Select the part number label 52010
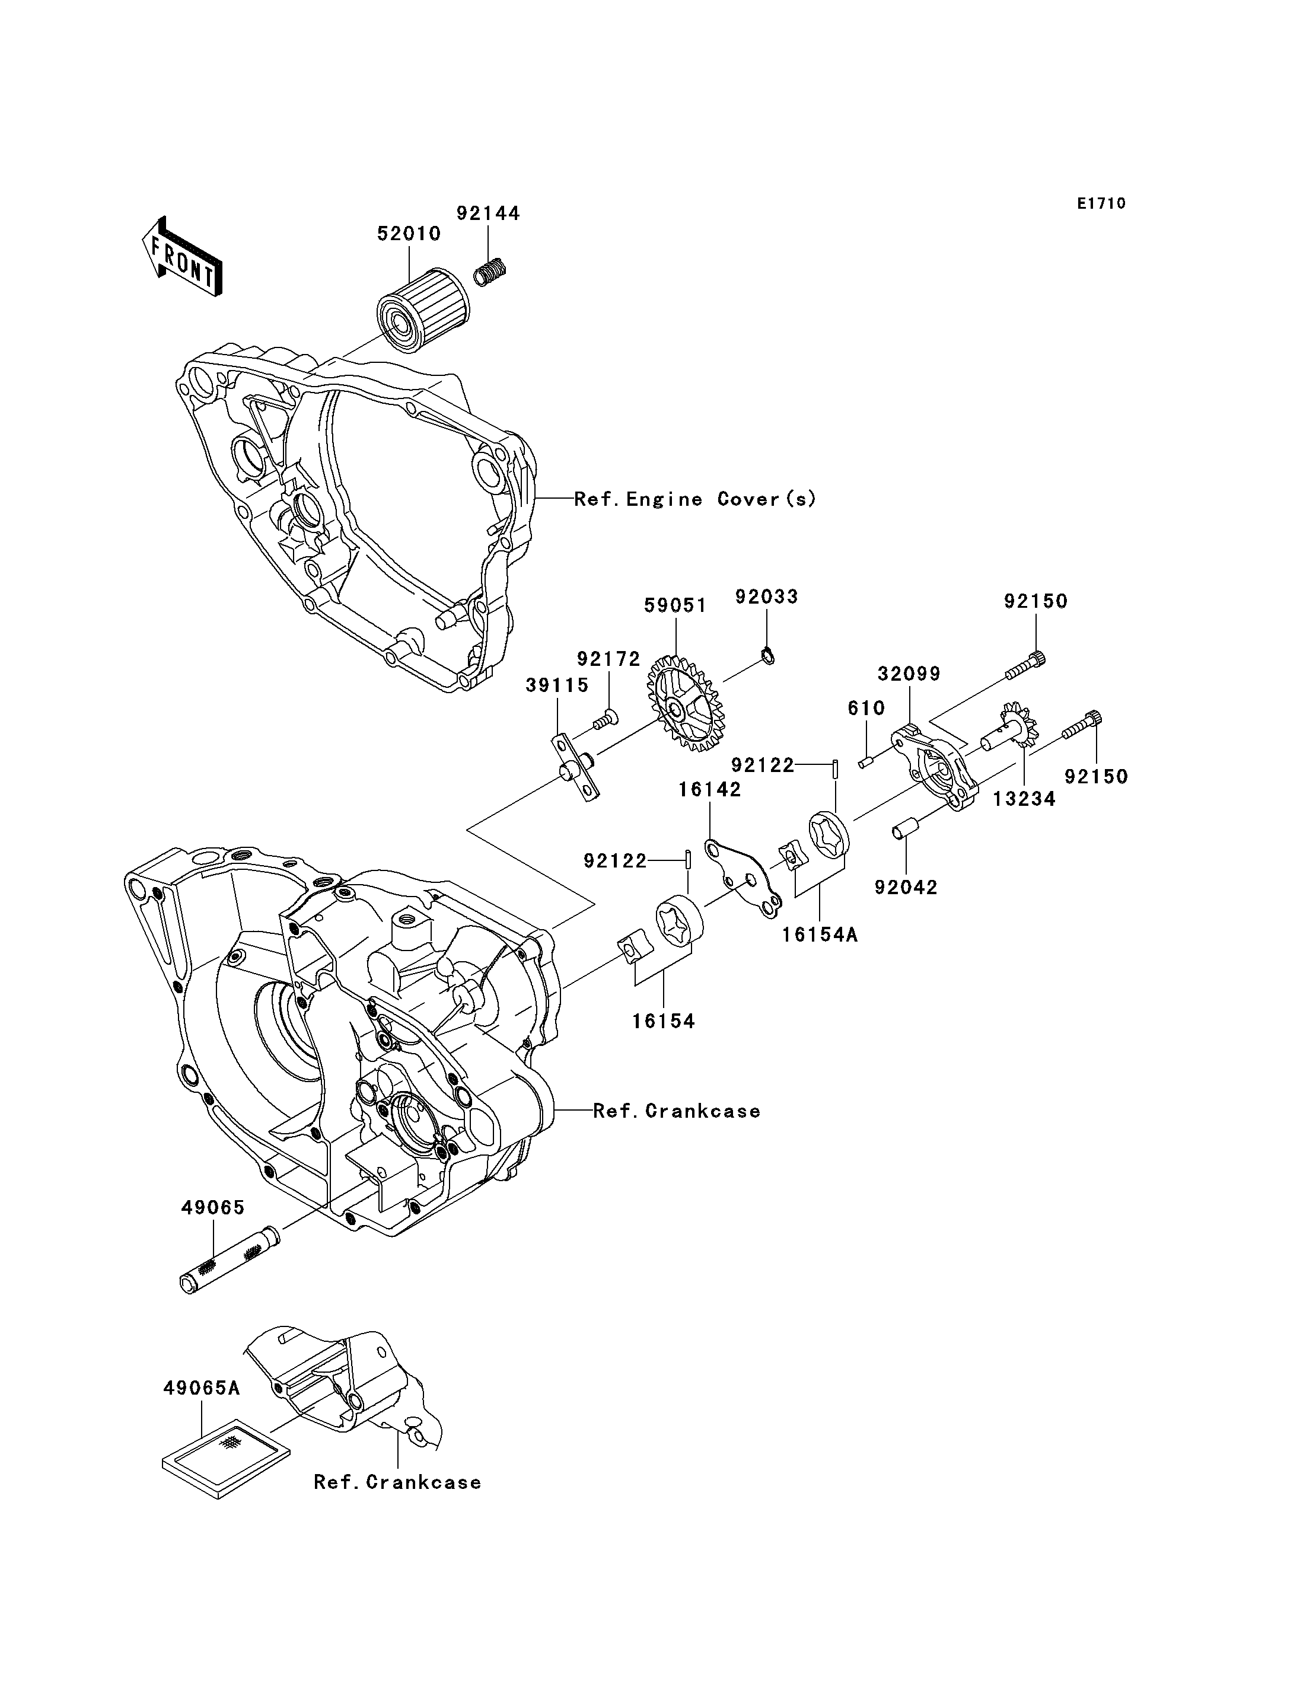click(x=409, y=234)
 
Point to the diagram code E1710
click(x=1102, y=203)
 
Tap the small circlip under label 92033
click(x=767, y=657)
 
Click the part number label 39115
click(x=557, y=685)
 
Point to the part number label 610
click(x=866, y=707)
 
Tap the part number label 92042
click(x=906, y=888)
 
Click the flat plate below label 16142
click(x=743, y=878)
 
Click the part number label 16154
click(x=664, y=1022)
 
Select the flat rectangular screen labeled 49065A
click(x=226, y=1458)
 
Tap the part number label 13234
click(x=1025, y=799)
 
